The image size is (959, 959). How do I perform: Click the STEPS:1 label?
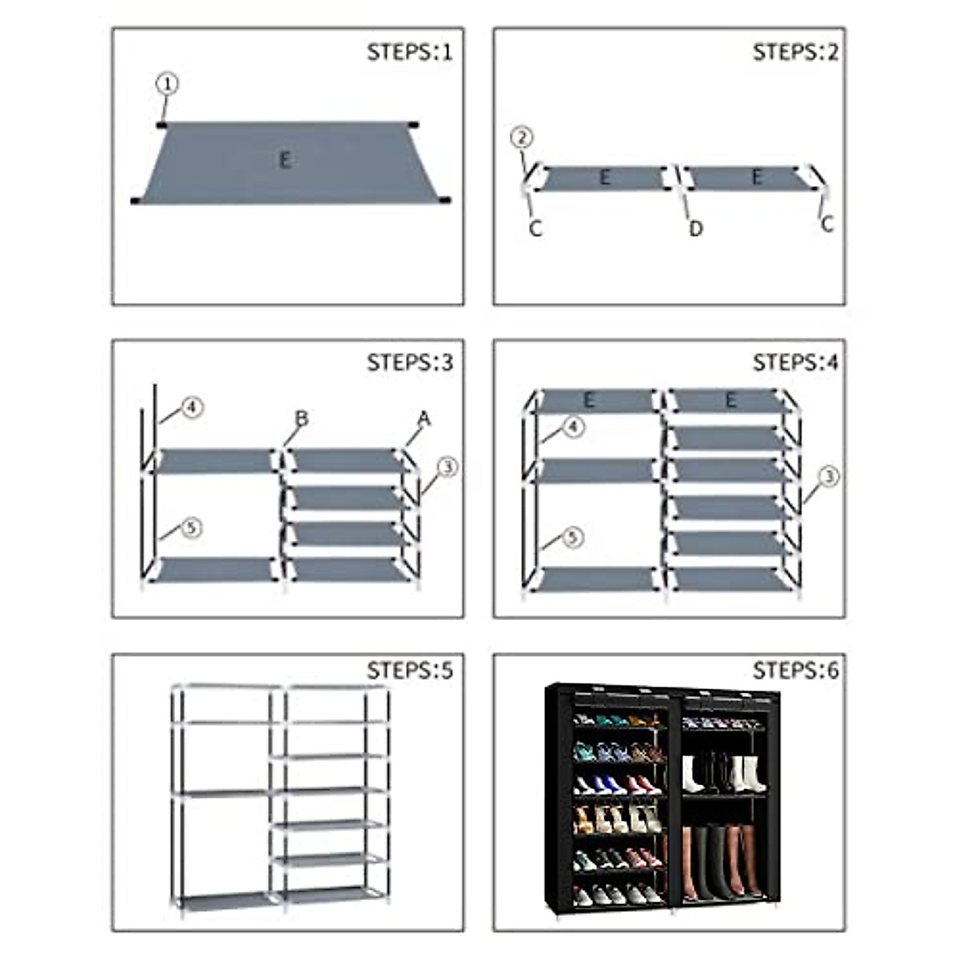(409, 53)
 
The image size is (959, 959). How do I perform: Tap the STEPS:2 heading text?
(795, 53)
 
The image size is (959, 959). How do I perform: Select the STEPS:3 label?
(409, 363)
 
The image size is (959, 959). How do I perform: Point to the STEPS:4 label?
(795, 363)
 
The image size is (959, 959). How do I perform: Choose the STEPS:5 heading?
(409, 670)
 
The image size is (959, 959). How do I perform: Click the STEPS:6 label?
(795, 670)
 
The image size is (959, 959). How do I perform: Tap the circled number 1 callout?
(166, 84)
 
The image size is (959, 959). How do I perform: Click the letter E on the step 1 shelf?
(285, 160)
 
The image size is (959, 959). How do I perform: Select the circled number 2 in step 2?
(521, 138)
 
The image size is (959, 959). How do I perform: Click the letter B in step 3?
(301, 419)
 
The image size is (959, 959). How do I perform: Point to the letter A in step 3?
(424, 419)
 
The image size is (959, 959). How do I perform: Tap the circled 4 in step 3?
(192, 408)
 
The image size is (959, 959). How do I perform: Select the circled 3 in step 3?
(447, 468)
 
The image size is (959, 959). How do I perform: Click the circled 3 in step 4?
(830, 477)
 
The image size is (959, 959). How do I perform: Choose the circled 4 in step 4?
(574, 427)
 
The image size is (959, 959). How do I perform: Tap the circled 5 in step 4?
(572, 538)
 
